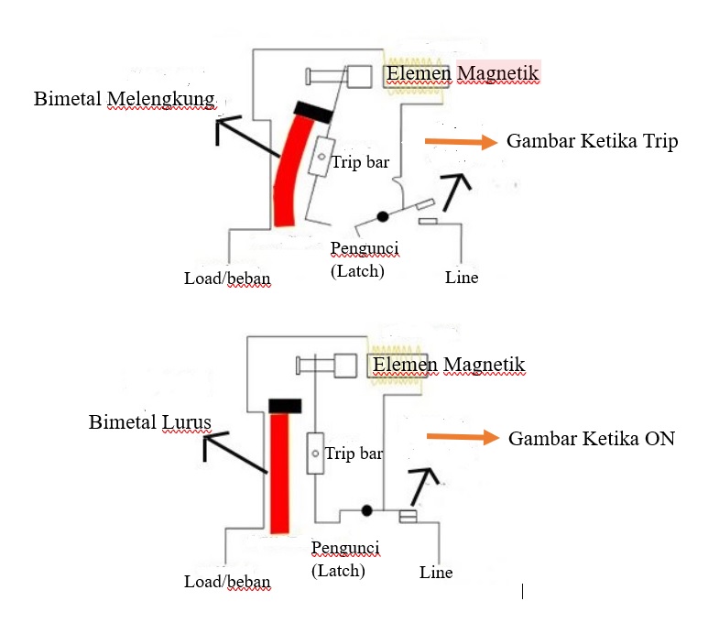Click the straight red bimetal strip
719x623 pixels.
(x=279, y=472)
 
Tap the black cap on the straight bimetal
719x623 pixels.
(x=285, y=405)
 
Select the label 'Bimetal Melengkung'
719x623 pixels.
(x=125, y=98)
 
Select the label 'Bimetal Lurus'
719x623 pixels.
(x=150, y=422)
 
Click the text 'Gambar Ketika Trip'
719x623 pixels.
(x=592, y=142)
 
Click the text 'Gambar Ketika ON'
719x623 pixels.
(x=591, y=438)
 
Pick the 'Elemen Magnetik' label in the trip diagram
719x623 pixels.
(x=462, y=72)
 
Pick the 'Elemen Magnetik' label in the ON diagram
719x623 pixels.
(x=449, y=365)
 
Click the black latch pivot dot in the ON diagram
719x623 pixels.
(x=366, y=509)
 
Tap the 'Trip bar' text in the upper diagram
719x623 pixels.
(x=360, y=162)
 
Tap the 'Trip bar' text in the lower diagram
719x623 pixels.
(x=354, y=454)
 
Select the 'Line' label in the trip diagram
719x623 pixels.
(x=462, y=277)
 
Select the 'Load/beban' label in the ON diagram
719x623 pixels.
(x=227, y=582)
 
